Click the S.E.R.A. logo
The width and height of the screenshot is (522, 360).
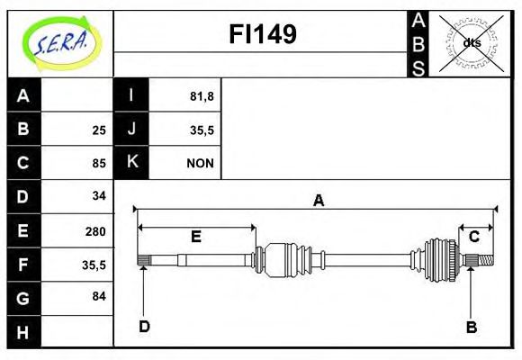tap(60, 42)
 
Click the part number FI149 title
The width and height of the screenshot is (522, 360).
tap(262, 34)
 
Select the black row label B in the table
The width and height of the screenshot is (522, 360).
tap(23, 130)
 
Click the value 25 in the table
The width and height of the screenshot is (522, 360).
tap(99, 130)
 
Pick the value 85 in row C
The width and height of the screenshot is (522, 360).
tap(99, 164)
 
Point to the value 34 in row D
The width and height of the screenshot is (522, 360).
tap(99, 196)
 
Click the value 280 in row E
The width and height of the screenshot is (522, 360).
tap(95, 230)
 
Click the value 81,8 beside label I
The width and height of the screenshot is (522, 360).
tap(202, 96)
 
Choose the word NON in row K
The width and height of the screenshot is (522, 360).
tap(200, 163)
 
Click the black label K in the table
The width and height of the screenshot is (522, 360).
tap(131, 163)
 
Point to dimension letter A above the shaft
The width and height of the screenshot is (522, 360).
tap(318, 202)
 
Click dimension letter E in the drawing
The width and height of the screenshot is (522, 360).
tap(195, 237)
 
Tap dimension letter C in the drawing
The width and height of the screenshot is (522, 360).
tap(473, 237)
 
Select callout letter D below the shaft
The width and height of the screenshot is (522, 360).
tap(144, 326)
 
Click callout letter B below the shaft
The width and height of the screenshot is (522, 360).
tap(471, 327)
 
